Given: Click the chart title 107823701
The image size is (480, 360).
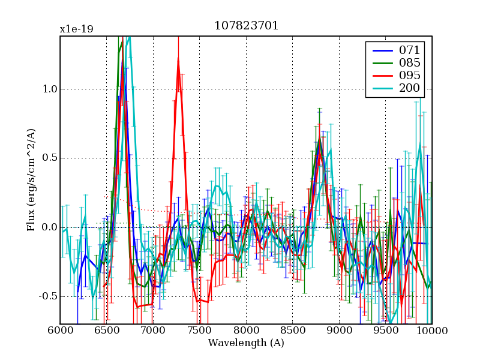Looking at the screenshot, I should coord(246,26).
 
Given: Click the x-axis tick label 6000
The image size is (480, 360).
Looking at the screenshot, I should coord(60,331).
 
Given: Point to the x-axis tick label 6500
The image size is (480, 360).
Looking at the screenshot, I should coord(106,331).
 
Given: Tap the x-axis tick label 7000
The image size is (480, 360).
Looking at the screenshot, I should coord(153,331).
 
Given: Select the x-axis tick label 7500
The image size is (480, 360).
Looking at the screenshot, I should coord(199,331).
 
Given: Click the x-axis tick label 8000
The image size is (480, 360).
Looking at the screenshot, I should coord(246,331).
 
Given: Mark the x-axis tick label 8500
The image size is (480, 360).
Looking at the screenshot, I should coord(292,331).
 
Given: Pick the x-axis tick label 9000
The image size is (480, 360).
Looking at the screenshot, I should coord(339,331).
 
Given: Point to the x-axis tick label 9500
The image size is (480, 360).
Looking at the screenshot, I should coord(385,331).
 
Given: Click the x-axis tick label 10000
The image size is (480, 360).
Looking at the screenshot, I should coord(431,331).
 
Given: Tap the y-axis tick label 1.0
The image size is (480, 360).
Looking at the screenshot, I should coord(49,89).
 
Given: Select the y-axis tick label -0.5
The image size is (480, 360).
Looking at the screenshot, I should coord(47,296).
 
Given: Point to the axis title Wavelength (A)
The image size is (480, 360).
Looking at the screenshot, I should coord(246,343).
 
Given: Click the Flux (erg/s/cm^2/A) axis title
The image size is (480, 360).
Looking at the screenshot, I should coord(31,180).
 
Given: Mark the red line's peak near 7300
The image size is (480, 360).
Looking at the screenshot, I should coord(178,58).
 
